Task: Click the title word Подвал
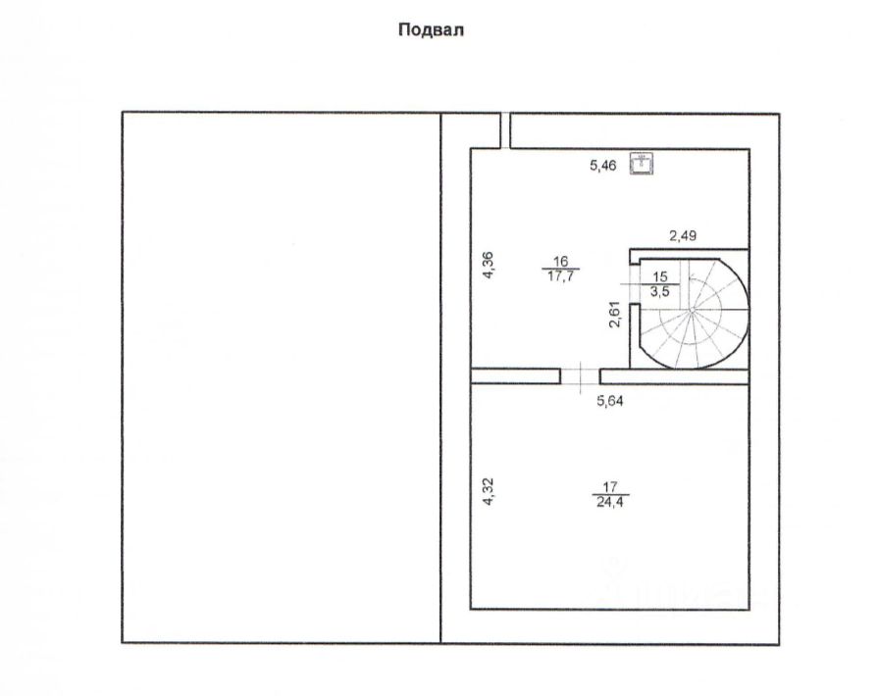pos(430,30)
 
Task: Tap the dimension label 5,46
pos(602,166)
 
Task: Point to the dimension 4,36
pos(489,267)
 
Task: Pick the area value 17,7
pos(561,275)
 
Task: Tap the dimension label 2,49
pos(684,235)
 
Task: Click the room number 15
pos(659,276)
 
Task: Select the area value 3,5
pos(659,291)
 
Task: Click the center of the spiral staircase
pos(692,309)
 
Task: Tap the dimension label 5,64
pos(614,400)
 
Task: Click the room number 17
pos(610,485)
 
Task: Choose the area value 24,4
pos(610,501)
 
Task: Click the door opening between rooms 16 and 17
pos(580,375)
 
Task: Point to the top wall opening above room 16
pos(506,130)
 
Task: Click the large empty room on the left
pos(281,377)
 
